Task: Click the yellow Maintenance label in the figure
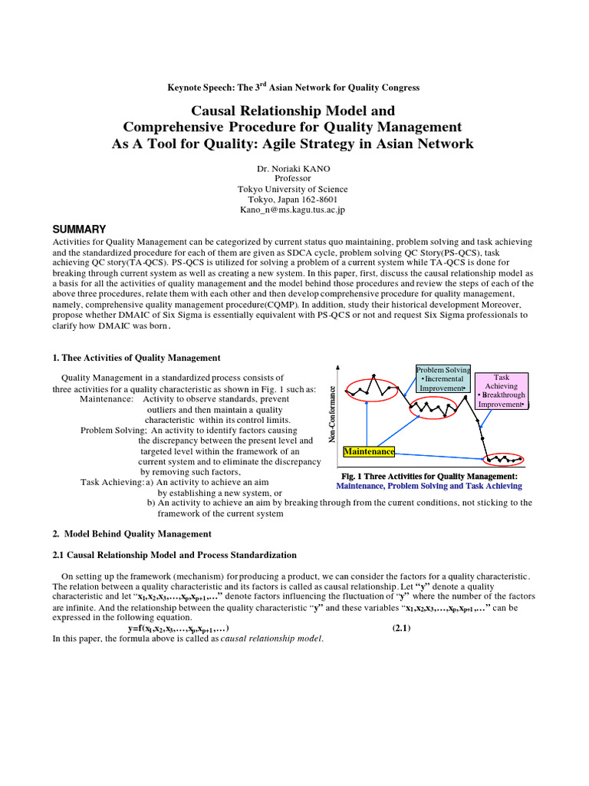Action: pos(370,452)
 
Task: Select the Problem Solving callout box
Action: pos(443,379)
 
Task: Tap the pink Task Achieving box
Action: pos(501,391)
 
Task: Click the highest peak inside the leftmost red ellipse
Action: pos(373,378)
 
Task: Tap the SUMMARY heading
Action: pos(78,230)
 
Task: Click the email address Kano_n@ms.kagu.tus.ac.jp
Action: pos(294,209)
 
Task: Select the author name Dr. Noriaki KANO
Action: pos(294,167)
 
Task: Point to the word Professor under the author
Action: pos(294,178)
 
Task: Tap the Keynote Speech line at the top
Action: pos(294,88)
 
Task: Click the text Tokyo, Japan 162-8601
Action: pos(294,199)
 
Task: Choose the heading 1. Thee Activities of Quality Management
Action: pos(136,358)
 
